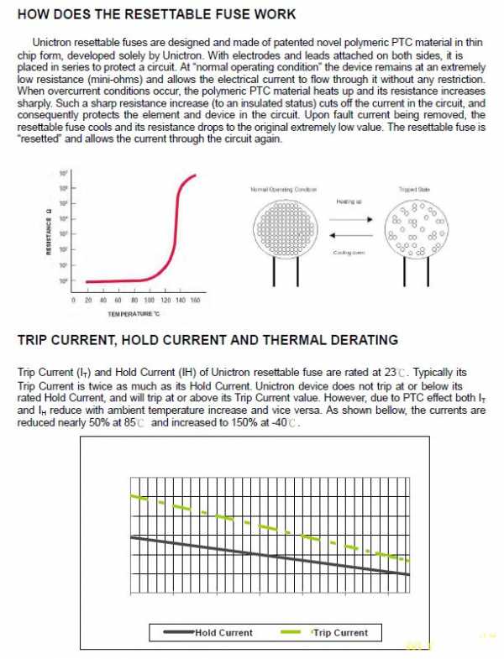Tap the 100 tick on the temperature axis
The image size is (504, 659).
149,300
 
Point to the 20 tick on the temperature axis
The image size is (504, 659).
88,300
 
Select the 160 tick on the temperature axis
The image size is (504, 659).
195,300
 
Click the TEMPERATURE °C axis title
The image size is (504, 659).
133,314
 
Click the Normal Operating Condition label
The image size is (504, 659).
283,190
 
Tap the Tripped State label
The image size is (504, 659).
413,190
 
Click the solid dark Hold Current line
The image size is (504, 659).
269,554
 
